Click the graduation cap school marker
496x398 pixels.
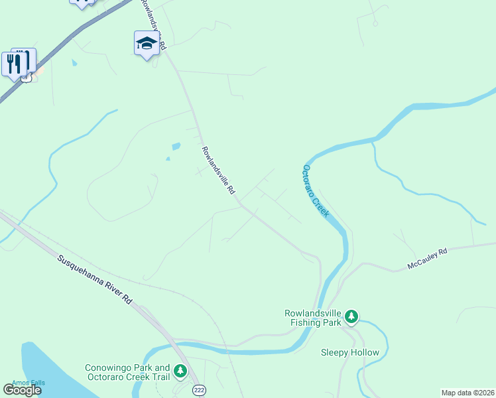[147, 44]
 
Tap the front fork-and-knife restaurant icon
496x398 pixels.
[14, 64]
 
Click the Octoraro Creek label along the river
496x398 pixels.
[317, 193]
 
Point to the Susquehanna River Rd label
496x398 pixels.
[93, 279]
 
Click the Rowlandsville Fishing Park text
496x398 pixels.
[312, 318]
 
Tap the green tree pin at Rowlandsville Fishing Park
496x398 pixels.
[351, 317]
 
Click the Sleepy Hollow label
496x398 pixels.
[349, 352]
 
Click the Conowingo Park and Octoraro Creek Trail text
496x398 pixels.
[128, 373]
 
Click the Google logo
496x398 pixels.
[21, 390]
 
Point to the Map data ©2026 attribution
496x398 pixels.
[467, 393]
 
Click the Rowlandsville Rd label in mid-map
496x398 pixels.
[219, 170]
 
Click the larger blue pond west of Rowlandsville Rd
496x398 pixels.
[175, 146]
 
